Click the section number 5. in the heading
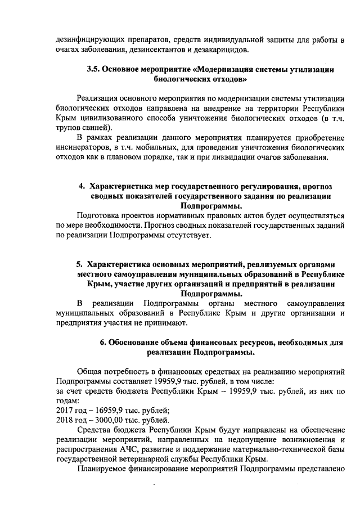tap(80, 263)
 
